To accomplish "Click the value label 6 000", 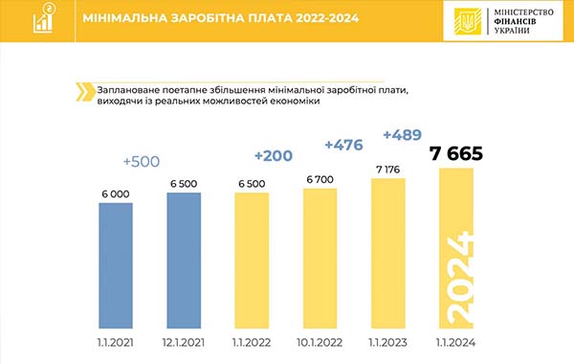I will (x=115, y=192).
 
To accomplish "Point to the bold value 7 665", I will (x=456, y=154).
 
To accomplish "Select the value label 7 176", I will (x=388, y=169).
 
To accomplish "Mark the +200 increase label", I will (x=274, y=154).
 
